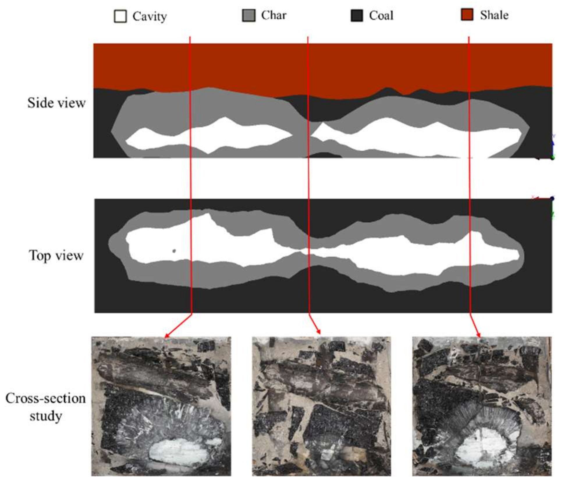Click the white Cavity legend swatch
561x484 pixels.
pos(120,16)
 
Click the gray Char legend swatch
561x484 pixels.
pos(249,15)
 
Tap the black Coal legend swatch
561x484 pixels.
pos(357,15)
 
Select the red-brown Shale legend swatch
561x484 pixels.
pos(467,15)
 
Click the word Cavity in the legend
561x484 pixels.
pos(150,17)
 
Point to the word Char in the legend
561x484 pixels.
pos(274,15)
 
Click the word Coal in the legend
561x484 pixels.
pos(381,16)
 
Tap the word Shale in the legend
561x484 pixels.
pos(494,15)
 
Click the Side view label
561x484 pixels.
pos(56,103)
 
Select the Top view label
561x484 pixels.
pos(56,256)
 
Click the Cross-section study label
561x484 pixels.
pos(46,407)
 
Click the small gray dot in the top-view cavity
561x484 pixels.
pos(174,251)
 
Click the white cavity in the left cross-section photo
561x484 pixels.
pos(178,450)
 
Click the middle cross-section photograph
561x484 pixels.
pos(322,407)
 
